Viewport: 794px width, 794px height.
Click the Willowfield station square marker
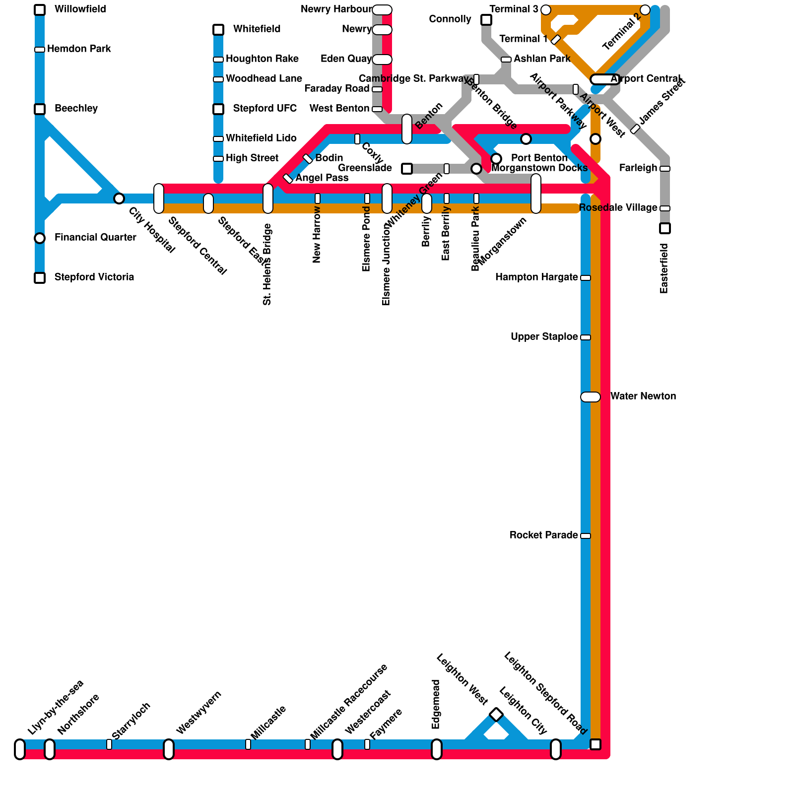tap(40, 10)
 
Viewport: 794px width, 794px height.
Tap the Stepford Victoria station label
tap(94, 277)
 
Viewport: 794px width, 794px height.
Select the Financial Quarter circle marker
tap(40, 238)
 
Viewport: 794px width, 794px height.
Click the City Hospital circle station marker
tap(119, 198)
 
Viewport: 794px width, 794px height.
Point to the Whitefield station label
tap(257, 29)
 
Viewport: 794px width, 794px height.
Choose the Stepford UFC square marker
tap(218, 109)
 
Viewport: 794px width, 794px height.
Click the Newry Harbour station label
tap(336, 9)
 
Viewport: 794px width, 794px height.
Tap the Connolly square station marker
tap(486, 20)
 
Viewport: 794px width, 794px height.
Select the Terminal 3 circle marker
tap(546, 10)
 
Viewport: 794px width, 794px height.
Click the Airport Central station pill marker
tap(605, 79)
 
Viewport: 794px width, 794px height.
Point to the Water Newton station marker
tap(591, 397)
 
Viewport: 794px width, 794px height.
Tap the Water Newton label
tap(643, 397)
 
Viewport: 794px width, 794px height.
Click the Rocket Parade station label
tap(543, 535)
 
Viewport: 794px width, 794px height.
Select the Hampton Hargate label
tap(536, 277)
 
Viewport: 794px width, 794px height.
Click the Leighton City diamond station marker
tap(496, 715)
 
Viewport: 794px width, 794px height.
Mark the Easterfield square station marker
tap(665, 228)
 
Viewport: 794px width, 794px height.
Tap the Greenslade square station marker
tap(407, 169)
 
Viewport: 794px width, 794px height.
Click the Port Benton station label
tap(539, 158)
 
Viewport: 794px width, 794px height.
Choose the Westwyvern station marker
tap(169, 749)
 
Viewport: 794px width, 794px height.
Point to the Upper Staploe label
tap(544, 337)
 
